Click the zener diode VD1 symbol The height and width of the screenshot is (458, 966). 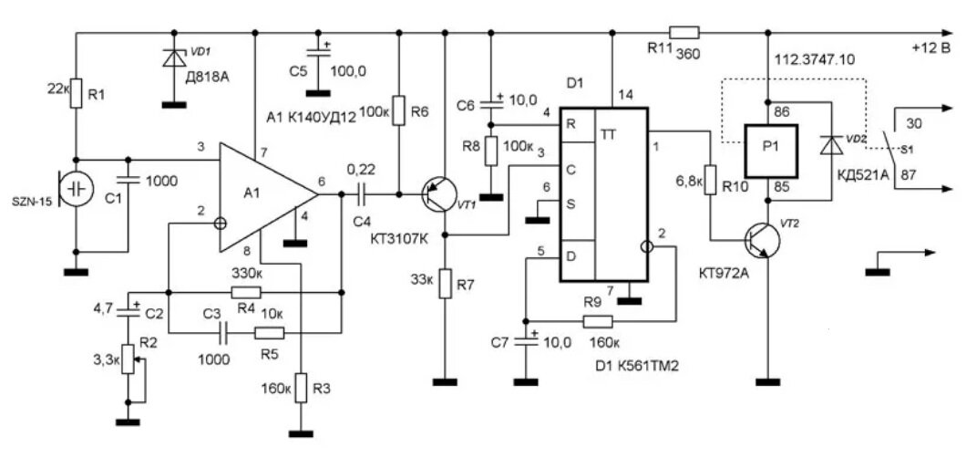click(174, 58)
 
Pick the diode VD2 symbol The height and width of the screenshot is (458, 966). click(832, 145)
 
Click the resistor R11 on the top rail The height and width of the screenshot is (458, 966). click(684, 32)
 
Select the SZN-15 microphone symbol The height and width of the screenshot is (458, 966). click(76, 188)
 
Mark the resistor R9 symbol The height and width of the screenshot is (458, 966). click(597, 320)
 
